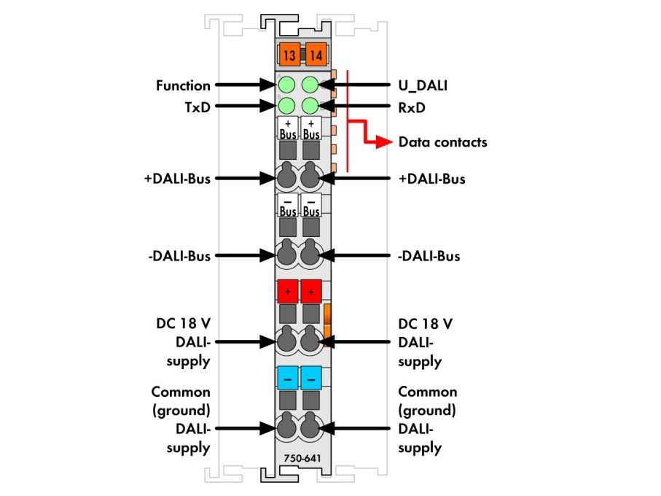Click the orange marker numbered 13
tap(289, 55)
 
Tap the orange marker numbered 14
tap(316, 55)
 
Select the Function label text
tap(183, 85)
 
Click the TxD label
tap(197, 107)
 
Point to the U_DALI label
tap(423, 86)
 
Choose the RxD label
tap(412, 108)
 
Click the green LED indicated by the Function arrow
tap(286, 85)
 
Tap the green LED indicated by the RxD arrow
tap(310, 106)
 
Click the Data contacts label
tap(442, 142)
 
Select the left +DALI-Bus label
tap(178, 179)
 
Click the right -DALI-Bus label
tap(429, 256)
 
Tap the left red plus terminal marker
tap(288, 292)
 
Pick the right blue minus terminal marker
tap(311, 378)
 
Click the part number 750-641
tap(302, 458)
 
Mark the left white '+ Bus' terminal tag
tap(288, 128)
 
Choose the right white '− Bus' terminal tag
tap(311, 205)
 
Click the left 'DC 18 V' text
tap(183, 324)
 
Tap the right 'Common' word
tap(428, 392)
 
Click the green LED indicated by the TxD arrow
tap(286, 106)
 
